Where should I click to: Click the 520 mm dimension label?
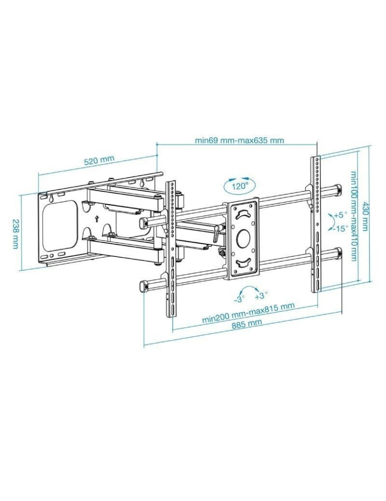pos(99,160)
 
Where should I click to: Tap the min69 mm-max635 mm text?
pos(239,140)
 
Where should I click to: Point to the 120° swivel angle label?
pos(239,186)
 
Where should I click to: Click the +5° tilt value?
pos(340,214)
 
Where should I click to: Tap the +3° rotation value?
pos(261,296)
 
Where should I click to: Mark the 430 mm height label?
pos(365,216)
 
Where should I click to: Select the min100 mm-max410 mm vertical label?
pos(353,216)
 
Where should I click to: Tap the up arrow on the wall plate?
pos(96,218)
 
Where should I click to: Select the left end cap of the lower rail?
pos(144,286)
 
